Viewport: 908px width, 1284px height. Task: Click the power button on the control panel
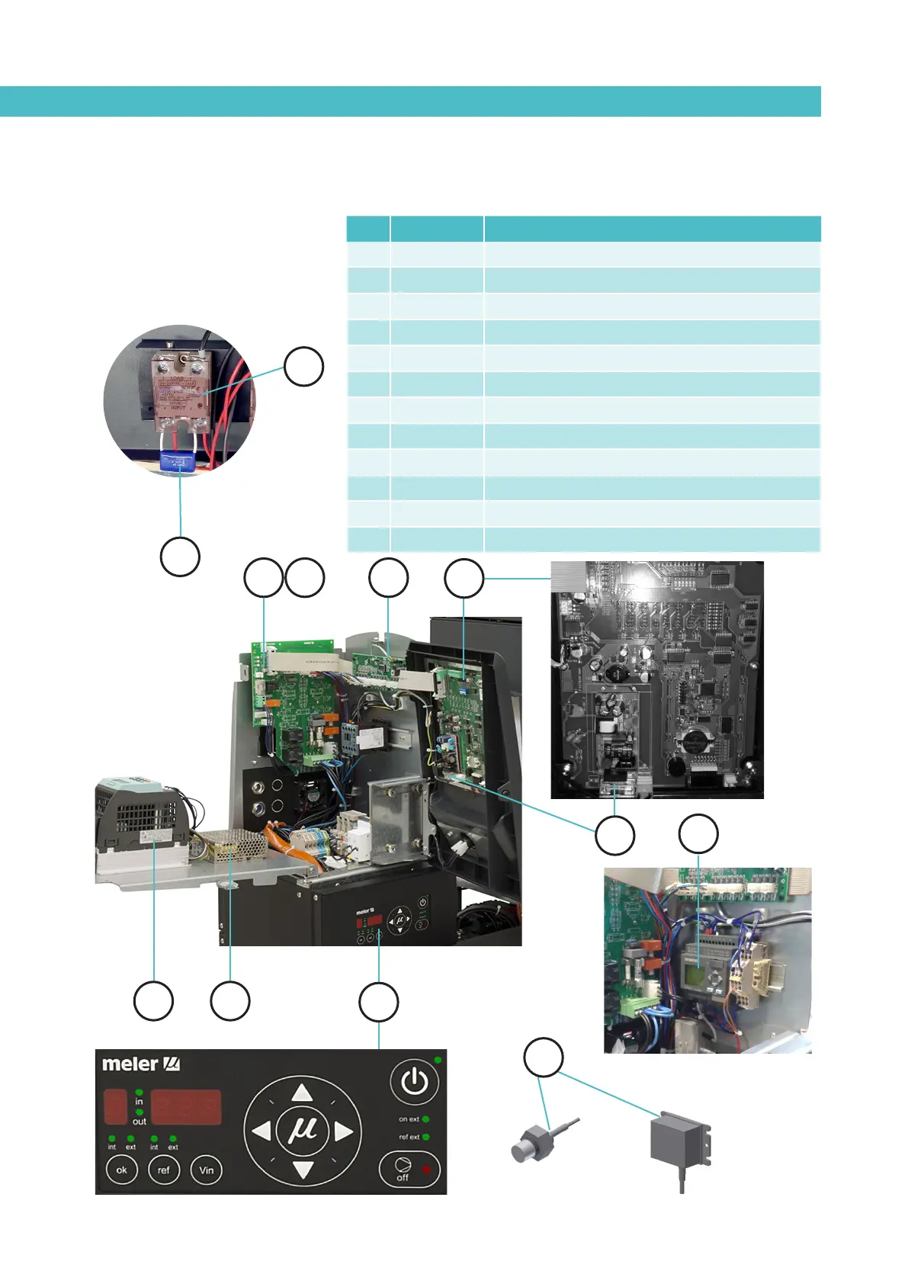(414, 1081)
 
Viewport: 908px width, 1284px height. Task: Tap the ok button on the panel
(122, 1170)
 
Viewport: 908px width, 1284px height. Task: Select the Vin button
(206, 1170)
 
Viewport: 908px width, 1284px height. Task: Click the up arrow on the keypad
(303, 1092)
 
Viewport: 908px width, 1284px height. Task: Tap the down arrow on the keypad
(303, 1169)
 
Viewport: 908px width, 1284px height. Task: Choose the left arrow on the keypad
(261, 1131)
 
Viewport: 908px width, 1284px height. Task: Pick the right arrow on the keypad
(344, 1131)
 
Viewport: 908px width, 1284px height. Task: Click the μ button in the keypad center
(303, 1130)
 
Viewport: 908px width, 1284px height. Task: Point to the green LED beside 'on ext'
(425, 1119)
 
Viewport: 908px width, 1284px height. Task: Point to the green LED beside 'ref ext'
(425, 1137)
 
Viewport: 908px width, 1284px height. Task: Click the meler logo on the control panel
(140, 1064)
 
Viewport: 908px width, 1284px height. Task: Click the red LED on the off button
(426, 1169)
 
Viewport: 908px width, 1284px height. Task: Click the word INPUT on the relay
(178, 407)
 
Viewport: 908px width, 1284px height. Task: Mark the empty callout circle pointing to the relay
(303, 367)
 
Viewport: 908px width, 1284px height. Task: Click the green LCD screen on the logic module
(692, 978)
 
